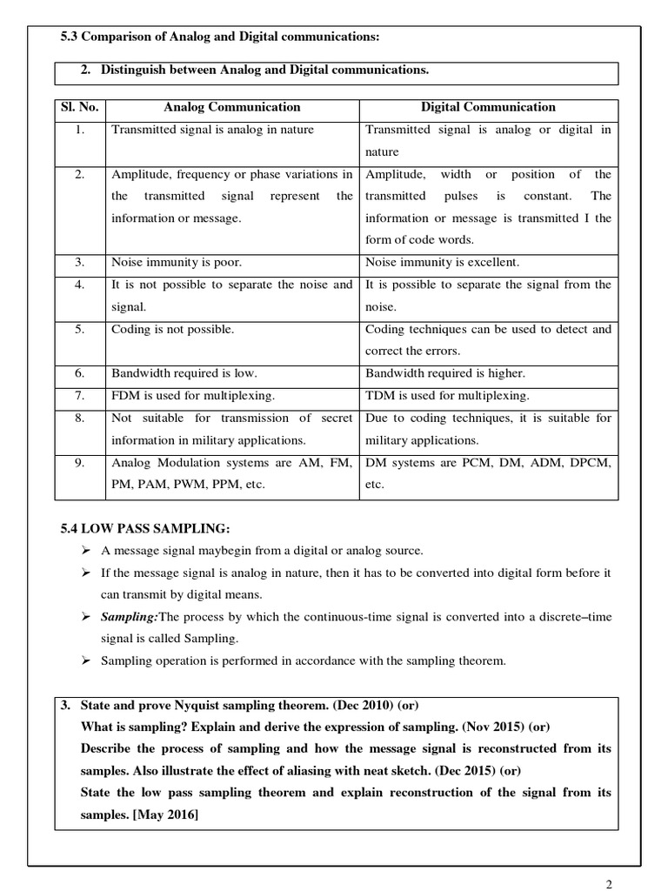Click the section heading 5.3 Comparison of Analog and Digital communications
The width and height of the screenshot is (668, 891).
tap(220, 36)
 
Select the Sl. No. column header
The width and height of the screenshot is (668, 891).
tap(79, 108)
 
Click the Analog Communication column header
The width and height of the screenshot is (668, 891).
tap(232, 108)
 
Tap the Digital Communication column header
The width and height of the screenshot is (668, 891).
tap(488, 108)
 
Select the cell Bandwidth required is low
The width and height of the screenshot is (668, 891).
tap(184, 373)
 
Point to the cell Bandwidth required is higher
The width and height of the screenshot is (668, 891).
tap(445, 373)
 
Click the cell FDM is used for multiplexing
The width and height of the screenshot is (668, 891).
tap(193, 396)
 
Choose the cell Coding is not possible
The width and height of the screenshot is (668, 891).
tap(173, 329)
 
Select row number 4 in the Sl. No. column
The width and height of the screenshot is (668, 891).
tap(79, 285)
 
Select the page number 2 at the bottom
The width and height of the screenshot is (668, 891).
tap(609, 884)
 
